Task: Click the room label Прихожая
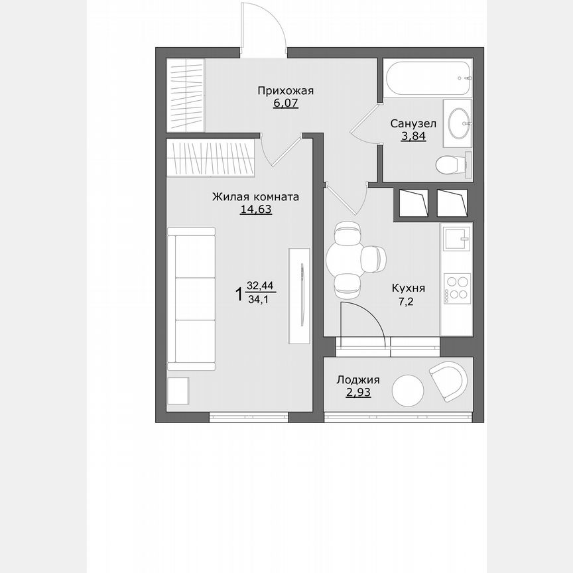(x=285, y=92)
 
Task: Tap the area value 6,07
(x=285, y=104)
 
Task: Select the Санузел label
(x=413, y=124)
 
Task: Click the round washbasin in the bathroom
(x=458, y=121)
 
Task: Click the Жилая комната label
(x=255, y=197)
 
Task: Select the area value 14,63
(x=256, y=210)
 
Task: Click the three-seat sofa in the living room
(x=191, y=298)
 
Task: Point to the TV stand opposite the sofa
(x=298, y=295)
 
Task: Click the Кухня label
(x=409, y=288)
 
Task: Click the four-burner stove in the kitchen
(x=457, y=287)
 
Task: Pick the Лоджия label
(x=358, y=380)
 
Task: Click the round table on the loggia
(x=408, y=391)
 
